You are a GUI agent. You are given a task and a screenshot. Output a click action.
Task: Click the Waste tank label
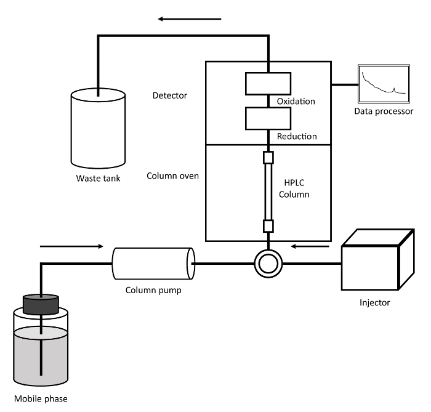point(98,179)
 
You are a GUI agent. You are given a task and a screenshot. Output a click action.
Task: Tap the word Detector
point(169,95)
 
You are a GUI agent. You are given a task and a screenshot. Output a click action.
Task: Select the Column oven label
point(172,176)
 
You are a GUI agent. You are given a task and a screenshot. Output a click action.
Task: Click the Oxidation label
point(296,101)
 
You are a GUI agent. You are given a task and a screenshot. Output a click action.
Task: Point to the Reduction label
point(297,136)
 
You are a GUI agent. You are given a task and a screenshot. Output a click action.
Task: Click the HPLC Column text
point(294,188)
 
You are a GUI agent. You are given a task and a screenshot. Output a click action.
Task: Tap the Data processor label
point(384,111)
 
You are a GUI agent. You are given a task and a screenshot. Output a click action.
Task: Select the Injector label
point(374,302)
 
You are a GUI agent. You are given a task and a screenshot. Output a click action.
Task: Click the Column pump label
point(153,290)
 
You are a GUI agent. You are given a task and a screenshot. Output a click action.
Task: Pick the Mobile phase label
point(41,399)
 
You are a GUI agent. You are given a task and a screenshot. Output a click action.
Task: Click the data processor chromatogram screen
point(384,84)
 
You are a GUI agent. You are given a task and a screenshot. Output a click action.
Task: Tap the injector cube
point(377,259)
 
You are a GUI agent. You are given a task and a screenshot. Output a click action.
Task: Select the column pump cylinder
point(153,264)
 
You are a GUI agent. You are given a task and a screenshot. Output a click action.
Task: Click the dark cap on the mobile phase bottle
point(41,304)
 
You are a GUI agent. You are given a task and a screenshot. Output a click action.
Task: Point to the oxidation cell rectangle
point(268,84)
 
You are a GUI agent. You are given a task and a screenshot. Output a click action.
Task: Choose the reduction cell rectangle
point(268,118)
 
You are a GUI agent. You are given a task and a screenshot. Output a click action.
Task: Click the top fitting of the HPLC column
point(268,158)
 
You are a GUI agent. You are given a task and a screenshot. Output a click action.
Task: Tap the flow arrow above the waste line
point(190,19)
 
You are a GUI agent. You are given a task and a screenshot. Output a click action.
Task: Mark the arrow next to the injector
point(310,246)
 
